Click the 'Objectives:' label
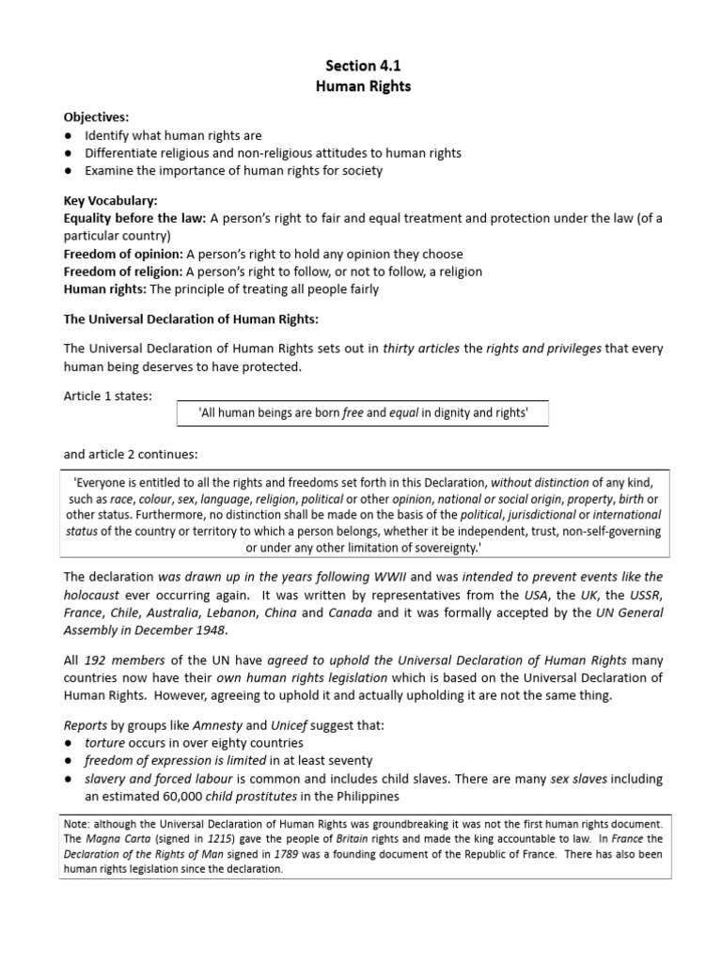pyautogui.click(x=96, y=116)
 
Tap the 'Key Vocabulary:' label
pyautogui.click(x=110, y=201)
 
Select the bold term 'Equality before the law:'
pyautogui.click(x=134, y=219)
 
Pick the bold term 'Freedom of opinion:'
pyautogui.click(x=123, y=254)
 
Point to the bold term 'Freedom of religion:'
pyautogui.click(x=123, y=272)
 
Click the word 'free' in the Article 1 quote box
pyautogui.click(x=353, y=411)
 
